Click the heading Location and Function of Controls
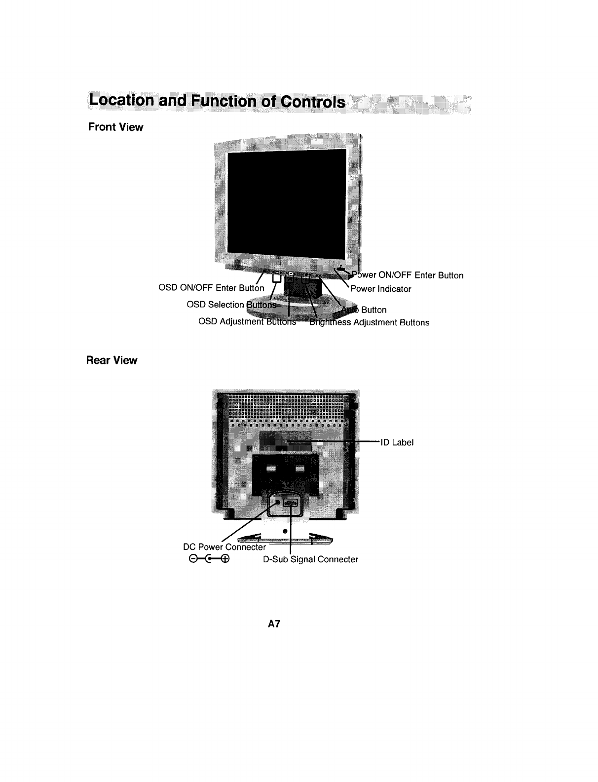(216, 102)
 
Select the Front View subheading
(115, 127)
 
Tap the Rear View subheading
(112, 360)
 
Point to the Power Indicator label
(380, 289)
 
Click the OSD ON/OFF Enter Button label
(211, 288)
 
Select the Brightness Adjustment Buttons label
(369, 323)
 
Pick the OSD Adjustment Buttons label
(247, 322)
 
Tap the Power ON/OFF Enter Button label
(408, 275)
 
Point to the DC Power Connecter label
(224, 547)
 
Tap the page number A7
(274, 624)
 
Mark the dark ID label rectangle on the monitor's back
(286, 439)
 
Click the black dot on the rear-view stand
(285, 531)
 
